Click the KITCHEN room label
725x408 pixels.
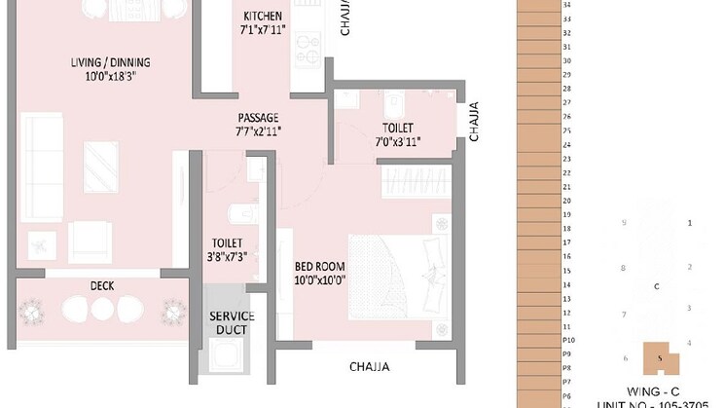[x=263, y=17]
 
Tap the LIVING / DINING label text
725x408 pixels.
[x=110, y=64]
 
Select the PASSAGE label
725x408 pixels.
[x=257, y=117]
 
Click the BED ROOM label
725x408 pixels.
[x=320, y=266]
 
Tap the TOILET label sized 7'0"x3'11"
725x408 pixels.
[x=397, y=128]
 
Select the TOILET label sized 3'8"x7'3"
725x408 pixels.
[x=229, y=243]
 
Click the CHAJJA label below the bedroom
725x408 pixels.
[x=370, y=367]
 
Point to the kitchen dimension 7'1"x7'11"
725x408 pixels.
[x=263, y=31]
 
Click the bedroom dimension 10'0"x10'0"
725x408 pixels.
[x=320, y=280]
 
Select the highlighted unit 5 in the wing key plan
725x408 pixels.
[x=660, y=357]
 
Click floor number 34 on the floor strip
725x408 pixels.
[x=566, y=4]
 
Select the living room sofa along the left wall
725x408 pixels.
[x=40, y=156]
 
